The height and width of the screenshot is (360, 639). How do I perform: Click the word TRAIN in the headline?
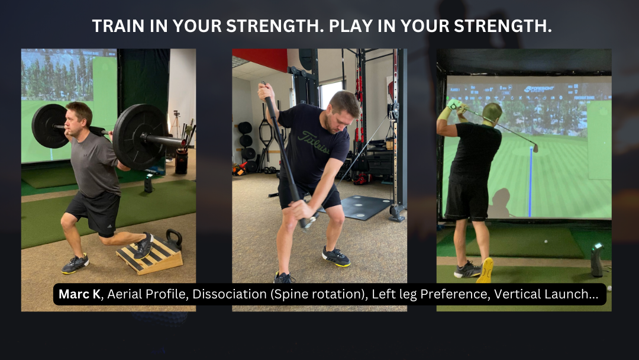tap(118, 26)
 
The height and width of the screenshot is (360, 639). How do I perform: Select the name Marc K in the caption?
tap(79, 294)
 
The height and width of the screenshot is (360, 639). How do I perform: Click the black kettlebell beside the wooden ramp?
tap(174, 239)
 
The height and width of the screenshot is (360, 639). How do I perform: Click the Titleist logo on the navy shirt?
tap(314, 142)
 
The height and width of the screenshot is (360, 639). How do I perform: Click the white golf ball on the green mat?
tap(546, 242)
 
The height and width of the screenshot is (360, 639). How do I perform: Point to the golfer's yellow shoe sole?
tap(486, 270)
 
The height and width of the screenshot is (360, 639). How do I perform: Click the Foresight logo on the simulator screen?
tap(540, 89)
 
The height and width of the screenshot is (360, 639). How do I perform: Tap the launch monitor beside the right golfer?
tap(597, 260)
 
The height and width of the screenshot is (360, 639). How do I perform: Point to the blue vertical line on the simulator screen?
tap(531, 182)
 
